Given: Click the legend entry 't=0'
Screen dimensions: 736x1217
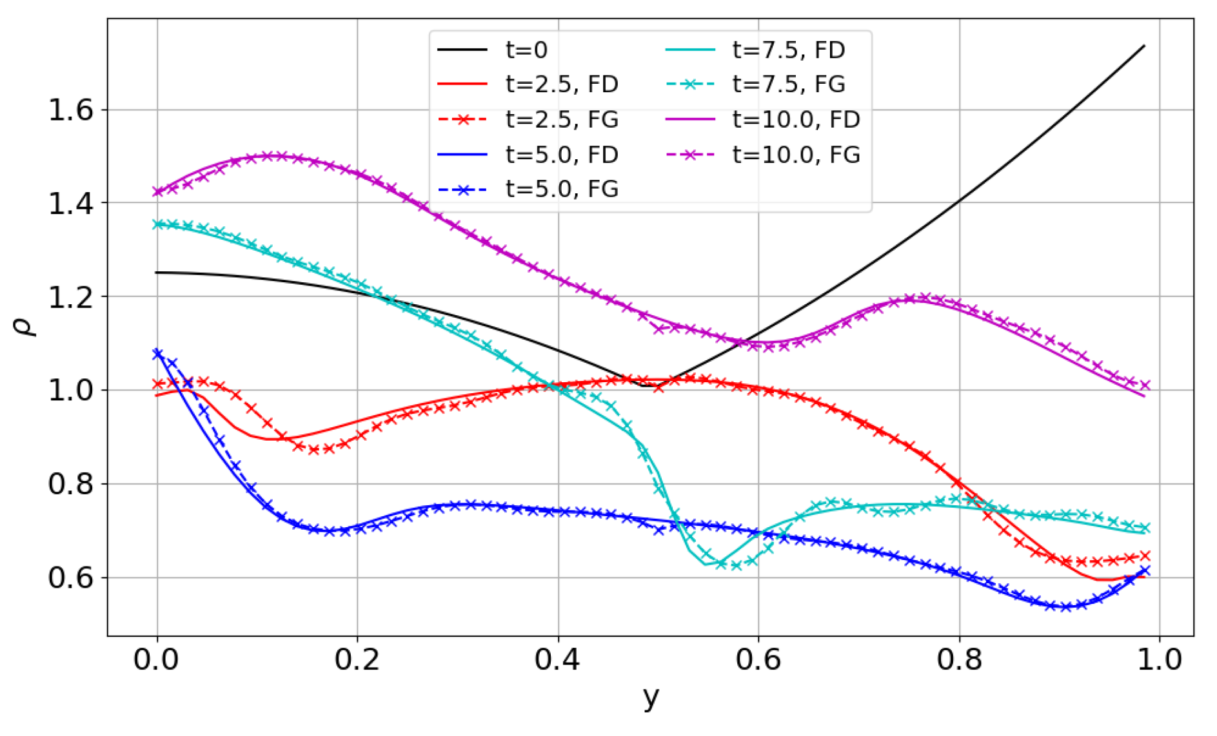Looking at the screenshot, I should tap(526, 50).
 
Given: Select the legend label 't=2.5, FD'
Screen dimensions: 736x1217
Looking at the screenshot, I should tap(562, 84).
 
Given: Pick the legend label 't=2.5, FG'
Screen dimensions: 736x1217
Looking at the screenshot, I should tap(562, 119).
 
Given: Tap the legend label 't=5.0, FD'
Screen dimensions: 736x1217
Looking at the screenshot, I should tap(562, 155).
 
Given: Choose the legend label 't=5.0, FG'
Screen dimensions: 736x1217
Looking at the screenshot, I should tap(562, 189).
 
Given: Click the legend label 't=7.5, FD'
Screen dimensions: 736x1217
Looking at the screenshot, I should tap(788, 50).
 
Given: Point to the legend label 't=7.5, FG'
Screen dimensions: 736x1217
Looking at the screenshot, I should tap(788, 84).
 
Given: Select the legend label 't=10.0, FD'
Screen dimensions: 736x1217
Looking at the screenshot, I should tap(796, 119).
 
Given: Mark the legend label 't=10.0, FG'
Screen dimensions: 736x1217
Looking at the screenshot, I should tap(796, 155).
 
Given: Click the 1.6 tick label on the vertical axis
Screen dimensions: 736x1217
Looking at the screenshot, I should tap(70, 110).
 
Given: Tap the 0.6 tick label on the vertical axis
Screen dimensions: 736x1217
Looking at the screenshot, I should tap(70, 577).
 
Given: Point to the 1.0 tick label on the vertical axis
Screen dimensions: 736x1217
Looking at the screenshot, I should tap(70, 391).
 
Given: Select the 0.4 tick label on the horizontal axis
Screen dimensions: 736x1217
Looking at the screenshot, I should tap(558, 660).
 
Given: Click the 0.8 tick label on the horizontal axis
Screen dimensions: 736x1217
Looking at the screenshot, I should tap(959, 660).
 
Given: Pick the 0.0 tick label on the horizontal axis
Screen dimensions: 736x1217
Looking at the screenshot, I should tap(157, 660).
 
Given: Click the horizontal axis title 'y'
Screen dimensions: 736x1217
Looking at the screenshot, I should tap(651, 697).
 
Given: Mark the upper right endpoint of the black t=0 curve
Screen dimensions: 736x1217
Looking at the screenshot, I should tap(1144, 45).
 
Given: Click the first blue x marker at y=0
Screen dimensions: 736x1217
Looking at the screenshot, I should tap(157, 354).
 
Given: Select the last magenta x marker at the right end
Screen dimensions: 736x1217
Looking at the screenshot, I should tap(1145, 385).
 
